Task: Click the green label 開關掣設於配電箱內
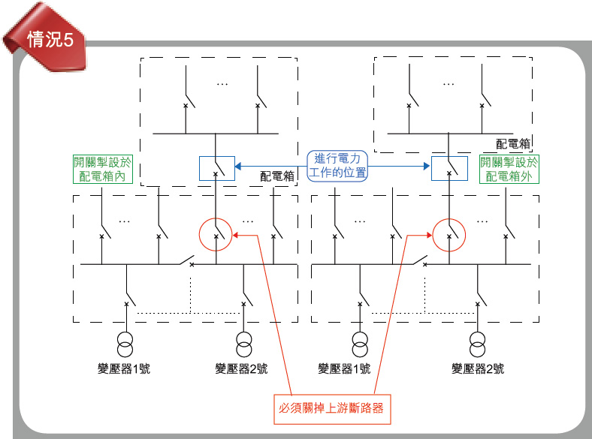point(103,169)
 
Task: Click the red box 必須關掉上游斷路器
point(331,408)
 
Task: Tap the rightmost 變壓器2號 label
point(477,368)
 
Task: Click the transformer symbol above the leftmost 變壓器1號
point(125,342)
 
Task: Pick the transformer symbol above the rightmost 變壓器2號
point(476,342)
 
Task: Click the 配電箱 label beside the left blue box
point(276,176)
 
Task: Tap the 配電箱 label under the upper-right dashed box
point(513,143)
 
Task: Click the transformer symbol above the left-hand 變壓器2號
point(243,342)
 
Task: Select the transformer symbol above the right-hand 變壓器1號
point(360,342)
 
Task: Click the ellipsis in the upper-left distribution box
point(222,84)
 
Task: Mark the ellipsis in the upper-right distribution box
point(449,84)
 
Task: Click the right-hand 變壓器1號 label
point(344,368)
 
